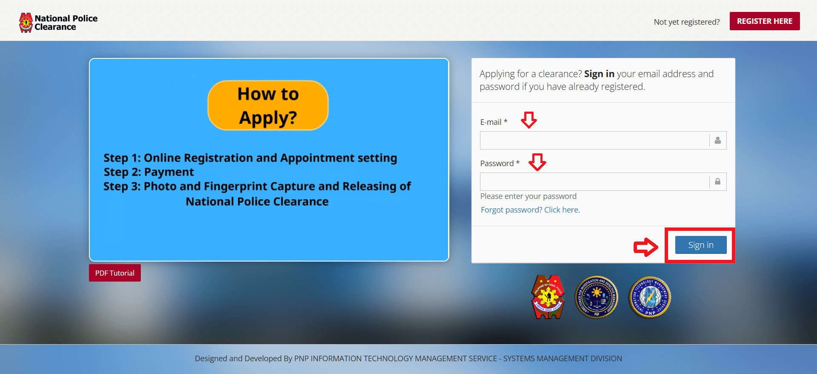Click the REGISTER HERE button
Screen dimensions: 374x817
(x=764, y=21)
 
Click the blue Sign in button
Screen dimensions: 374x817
(x=700, y=245)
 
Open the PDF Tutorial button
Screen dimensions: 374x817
(x=114, y=273)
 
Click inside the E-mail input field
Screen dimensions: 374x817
(x=594, y=141)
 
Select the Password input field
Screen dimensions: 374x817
(x=594, y=182)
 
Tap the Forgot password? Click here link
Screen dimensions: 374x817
(x=530, y=210)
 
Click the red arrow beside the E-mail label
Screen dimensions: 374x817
(x=529, y=120)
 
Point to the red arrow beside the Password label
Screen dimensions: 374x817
(x=537, y=162)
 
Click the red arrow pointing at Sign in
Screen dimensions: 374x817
(x=646, y=247)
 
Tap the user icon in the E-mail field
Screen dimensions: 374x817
(x=717, y=141)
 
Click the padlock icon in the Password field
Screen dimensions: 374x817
(x=717, y=182)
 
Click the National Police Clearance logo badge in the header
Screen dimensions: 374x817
(x=26, y=23)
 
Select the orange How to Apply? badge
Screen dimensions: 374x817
(x=268, y=105)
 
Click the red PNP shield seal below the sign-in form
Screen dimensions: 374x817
(x=548, y=297)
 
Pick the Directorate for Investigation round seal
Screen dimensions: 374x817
(x=597, y=297)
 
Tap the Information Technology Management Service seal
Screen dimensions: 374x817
(x=650, y=297)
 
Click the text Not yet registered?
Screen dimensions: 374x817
(x=686, y=22)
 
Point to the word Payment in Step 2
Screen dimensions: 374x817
(x=169, y=172)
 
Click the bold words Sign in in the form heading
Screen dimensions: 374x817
(x=599, y=74)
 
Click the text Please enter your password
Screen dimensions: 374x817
(x=528, y=196)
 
